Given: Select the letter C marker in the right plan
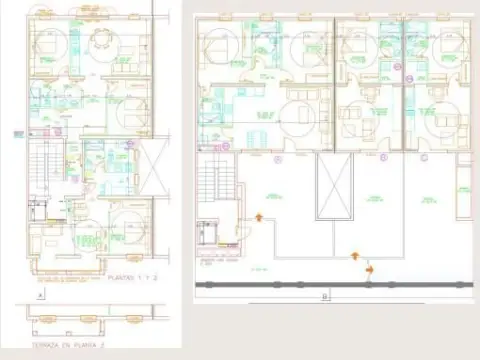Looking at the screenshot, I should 423,158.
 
